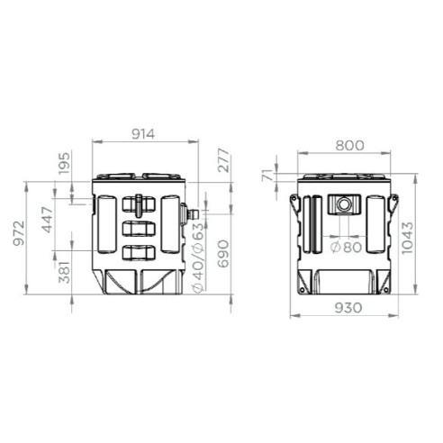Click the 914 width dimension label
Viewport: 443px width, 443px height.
[x=143, y=134]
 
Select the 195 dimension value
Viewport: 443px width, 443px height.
[x=64, y=163]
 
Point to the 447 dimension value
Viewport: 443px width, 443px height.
[x=47, y=220]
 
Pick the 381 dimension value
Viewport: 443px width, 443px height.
[x=64, y=272]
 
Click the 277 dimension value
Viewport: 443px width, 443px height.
[x=223, y=160]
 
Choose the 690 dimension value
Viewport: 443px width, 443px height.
[x=223, y=254]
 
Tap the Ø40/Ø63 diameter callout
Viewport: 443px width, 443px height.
[x=198, y=258]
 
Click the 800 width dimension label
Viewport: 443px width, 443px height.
[x=349, y=146]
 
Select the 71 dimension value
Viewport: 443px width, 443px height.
[x=268, y=175]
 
